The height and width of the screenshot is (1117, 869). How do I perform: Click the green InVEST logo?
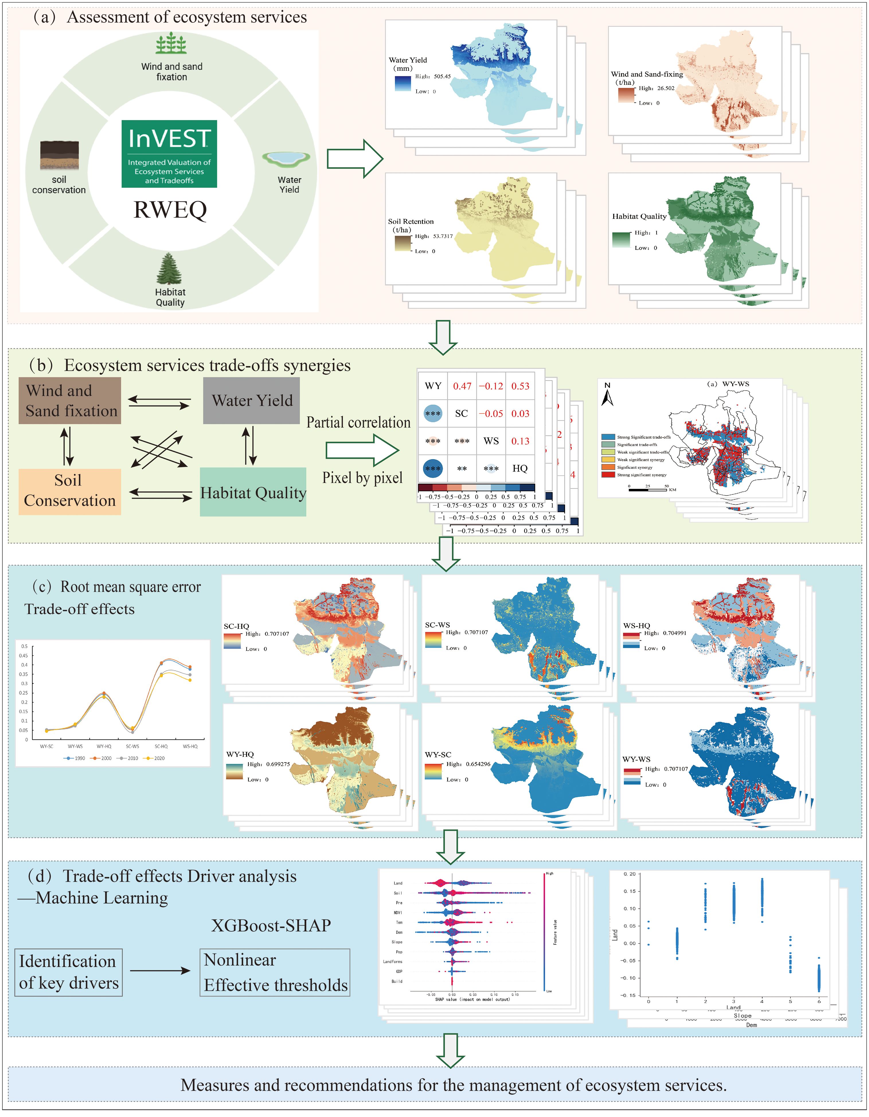coord(169,154)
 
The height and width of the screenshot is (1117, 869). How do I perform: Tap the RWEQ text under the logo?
coord(170,210)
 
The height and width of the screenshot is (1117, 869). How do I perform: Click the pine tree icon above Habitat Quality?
coord(169,269)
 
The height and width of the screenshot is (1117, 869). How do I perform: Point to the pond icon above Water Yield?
coord(286,159)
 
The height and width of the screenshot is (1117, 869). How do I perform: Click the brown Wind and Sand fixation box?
coord(70,401)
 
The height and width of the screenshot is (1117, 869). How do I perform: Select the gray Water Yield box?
coord(251,401)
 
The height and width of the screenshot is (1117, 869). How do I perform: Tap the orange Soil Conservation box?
coord(70,491)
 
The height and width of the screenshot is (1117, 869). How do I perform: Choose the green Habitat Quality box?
coord(253,492)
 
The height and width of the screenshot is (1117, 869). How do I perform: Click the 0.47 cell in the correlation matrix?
coord(462,386)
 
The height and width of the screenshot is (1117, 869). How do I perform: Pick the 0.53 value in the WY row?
coord(520,386)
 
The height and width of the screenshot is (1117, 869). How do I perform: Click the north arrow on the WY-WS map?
coord(607,396)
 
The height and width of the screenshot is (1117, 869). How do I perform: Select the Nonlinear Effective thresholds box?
coord(275,973)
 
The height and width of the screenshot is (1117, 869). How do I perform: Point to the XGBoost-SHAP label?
coord(271,926)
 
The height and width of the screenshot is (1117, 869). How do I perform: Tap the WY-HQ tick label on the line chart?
coord(104,747)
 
